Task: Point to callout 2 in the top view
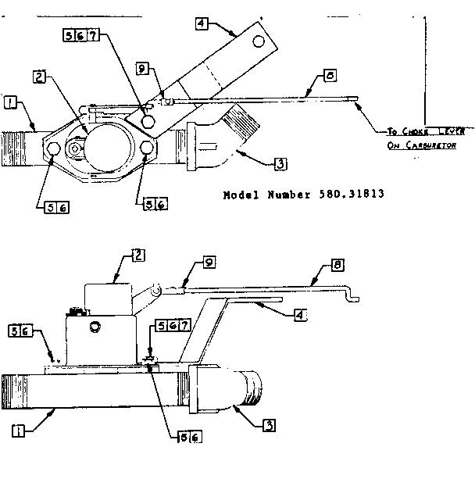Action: pos(40,77)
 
